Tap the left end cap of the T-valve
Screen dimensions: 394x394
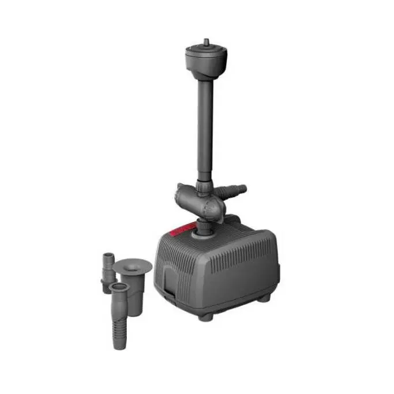(181, 190)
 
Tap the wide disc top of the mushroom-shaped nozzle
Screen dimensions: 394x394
(132, 266)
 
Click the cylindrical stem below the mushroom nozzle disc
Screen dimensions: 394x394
(133, 283)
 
